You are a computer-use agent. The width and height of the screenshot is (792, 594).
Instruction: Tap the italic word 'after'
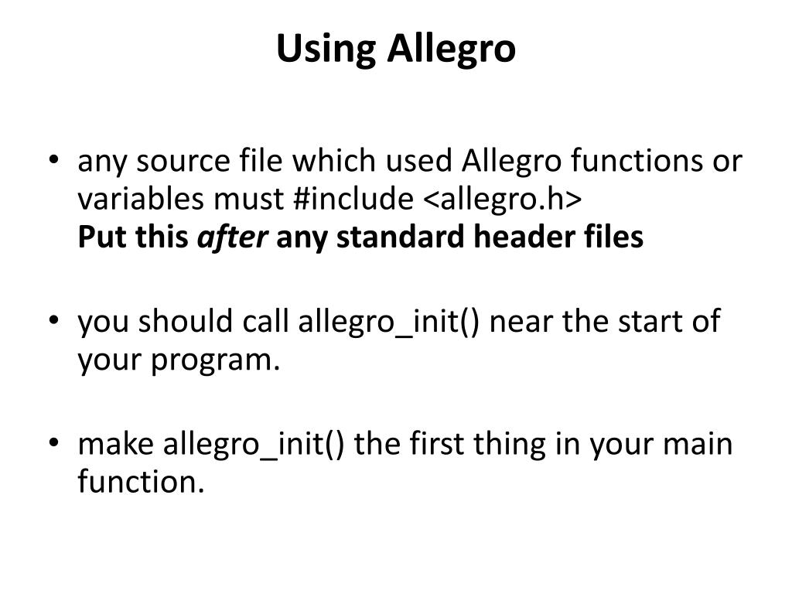pyautogui.click(x=233, y=237)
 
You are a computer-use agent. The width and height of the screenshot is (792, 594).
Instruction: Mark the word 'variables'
pyautogui.click(x=138, y=200)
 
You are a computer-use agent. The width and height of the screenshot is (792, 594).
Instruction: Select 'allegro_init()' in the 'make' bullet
pyautogui.click(x=255, y=445)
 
